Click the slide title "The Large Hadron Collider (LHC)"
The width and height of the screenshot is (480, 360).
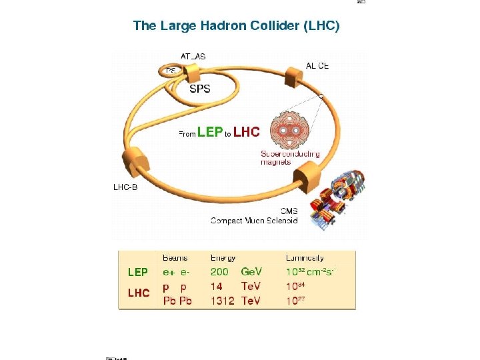coord(236,26)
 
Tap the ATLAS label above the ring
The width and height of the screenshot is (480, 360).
coord(193,57)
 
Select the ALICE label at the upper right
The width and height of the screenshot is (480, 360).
coord(317,66)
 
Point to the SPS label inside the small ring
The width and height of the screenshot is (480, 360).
coord(200,89)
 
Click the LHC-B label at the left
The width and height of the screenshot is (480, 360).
coord(125,187)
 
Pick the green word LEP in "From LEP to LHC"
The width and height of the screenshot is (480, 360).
coord(210,133)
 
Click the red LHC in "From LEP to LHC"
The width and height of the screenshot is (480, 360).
coord(247,133)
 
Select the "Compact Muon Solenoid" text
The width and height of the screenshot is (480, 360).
coord(254,221)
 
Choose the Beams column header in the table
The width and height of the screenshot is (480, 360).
coord(175,257)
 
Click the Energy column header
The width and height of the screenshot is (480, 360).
coord(223,257)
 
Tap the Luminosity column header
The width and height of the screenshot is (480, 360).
coord(305,257)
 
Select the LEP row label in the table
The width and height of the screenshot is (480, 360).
coord(138,272)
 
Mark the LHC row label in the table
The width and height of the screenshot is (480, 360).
coord(139,293)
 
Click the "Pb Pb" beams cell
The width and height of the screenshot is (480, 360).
coord(177,301)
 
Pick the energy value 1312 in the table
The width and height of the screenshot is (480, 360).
coord(223,301)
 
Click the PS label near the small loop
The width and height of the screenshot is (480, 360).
coord(171,71)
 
